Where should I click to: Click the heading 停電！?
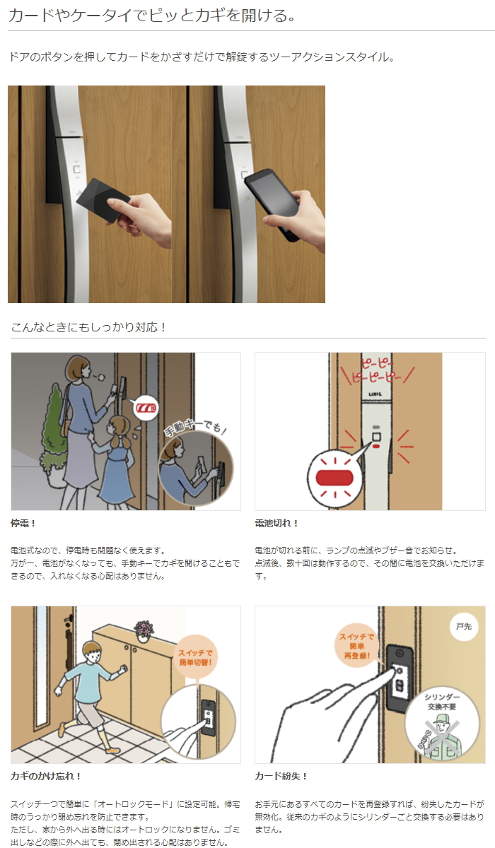[x=23, y=524]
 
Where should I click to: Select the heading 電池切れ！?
[x=276, y=524]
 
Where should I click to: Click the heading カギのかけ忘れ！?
[x=46, y=776]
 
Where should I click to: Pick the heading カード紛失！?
[x=281, y=776]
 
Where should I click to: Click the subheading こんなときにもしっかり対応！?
[x=88, y=327]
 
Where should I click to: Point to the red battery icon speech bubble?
[x=147, y=408]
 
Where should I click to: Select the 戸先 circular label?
[x=464, y=627]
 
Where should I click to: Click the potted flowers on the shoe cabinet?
[x=144, y=628]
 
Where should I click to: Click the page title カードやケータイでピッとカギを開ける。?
[x=152, y=16]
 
